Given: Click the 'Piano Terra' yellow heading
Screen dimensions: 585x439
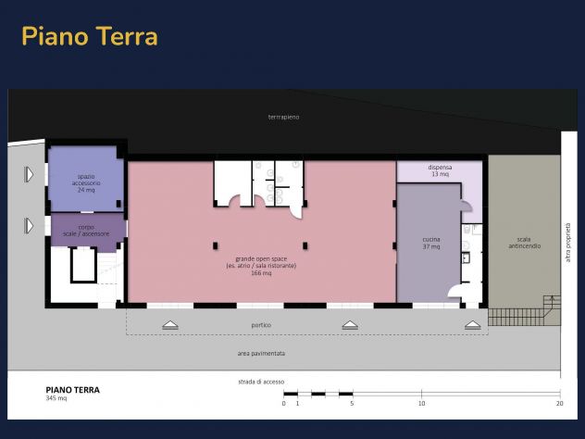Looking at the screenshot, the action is click(90, 36).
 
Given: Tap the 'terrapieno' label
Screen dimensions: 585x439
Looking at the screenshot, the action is click(283, 117).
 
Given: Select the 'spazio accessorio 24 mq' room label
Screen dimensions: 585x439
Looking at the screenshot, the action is click(86, 183).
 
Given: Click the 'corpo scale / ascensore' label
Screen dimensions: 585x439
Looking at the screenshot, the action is click(86, 231).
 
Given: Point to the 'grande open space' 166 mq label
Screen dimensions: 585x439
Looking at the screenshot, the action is click(261, 266).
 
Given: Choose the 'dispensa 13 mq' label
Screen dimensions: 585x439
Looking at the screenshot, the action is click(441, 170).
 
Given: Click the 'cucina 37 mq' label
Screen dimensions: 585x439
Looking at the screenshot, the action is click(431, 243).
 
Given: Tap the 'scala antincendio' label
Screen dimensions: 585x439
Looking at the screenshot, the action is click(524, 243).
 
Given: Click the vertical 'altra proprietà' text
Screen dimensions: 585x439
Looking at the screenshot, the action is click(567, 243).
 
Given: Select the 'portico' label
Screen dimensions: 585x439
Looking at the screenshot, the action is click(261, 325).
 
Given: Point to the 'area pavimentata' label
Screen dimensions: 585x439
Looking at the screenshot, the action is click(261, 353).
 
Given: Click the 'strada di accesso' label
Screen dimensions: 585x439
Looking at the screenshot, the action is click(261, 382).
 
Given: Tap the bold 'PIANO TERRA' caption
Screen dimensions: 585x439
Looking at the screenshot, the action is click(73, 390).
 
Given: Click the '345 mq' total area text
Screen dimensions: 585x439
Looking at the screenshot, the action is click(56, 398).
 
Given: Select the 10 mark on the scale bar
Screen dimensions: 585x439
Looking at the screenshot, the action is click(421, 403).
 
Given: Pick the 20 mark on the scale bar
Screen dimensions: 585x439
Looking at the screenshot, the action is click(559, 403).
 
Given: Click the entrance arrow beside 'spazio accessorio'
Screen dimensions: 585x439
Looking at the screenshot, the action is click(29, 174).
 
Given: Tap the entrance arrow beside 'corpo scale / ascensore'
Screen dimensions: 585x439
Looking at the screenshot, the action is click(29, 226).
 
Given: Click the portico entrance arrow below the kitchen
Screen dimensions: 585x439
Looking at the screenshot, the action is click(473, 325).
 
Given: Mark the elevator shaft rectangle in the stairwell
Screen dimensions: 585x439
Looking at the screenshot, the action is click(83, 265).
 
